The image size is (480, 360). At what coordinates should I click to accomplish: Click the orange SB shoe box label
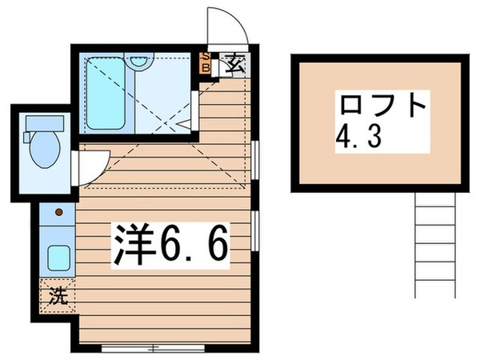pos(206,63)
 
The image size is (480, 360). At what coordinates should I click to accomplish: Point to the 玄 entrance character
pos(234,64)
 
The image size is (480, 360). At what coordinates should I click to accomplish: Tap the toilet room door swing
pos(89,164)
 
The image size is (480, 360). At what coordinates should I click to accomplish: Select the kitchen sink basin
pos(57,258)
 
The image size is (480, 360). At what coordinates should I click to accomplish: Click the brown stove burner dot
pos(58,214)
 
